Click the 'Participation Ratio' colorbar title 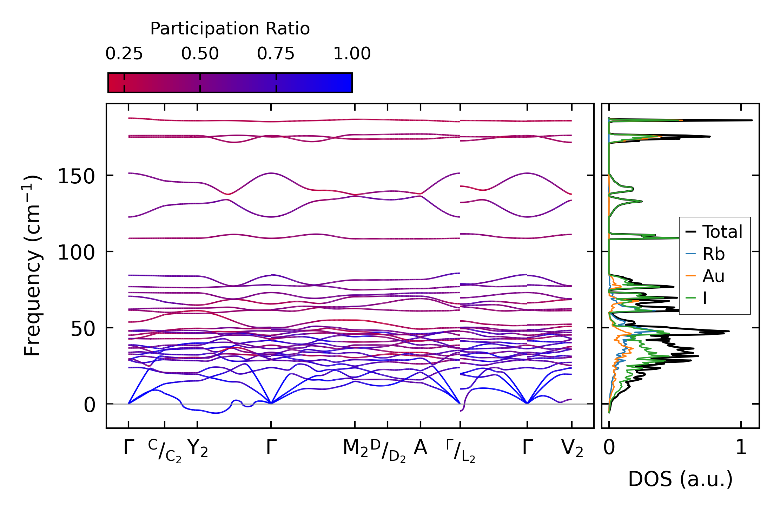[230, 29]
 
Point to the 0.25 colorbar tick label [124, 54]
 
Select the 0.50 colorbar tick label [200, 54]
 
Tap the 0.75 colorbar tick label [276, 54]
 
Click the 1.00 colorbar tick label [352, 54]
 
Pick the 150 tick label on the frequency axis [76, 176]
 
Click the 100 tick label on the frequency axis [76, 253]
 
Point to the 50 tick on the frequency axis [83, 329]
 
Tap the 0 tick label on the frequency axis [90, 405]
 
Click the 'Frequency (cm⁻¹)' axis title [33, 266]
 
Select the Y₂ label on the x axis [198, 448]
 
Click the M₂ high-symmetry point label [355, 448]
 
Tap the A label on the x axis [421, 448]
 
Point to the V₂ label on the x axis [572, 448]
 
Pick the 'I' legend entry [705, 298]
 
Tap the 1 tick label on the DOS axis [741, 448]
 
